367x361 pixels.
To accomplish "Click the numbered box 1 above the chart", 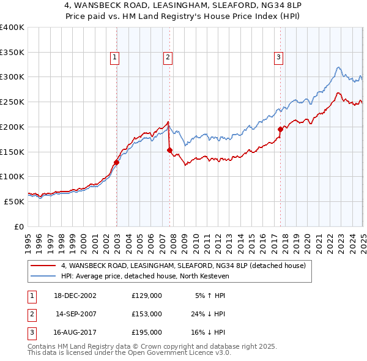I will (114, 58).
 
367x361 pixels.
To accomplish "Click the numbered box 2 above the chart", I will (167, 58).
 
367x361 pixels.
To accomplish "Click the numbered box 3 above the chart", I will (278, 58).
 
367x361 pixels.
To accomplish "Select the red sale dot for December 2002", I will (116, 162).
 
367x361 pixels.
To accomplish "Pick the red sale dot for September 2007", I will (169, 150).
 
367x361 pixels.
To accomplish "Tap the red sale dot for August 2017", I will (280, 129).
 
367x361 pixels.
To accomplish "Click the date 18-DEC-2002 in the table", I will (75, 296).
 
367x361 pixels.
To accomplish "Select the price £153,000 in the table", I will (147, 314).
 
